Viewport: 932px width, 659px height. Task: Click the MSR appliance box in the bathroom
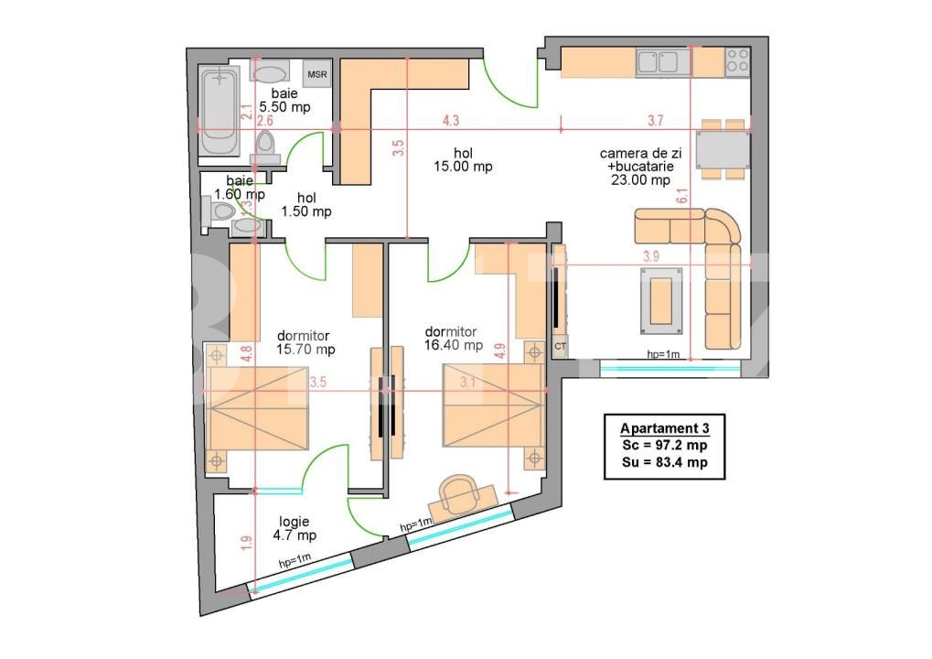tap(316, 74)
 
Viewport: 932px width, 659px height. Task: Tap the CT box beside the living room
tap(560, 347)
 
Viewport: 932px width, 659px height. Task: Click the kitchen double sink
tap(659, 62)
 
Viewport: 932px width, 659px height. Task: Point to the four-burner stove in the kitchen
tap(737, 61)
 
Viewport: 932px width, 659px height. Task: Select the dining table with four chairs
tap(722, 148)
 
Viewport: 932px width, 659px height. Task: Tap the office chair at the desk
tap(458, 495)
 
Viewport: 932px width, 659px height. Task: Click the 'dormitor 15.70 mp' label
tap(305, 342)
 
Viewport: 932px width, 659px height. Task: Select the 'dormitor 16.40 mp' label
tap(454, 339)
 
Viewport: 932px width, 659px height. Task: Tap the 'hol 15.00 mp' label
tap(464, 160)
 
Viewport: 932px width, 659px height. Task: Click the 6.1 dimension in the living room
tap(682, 194)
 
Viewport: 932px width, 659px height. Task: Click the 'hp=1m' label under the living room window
tap(663, 353)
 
